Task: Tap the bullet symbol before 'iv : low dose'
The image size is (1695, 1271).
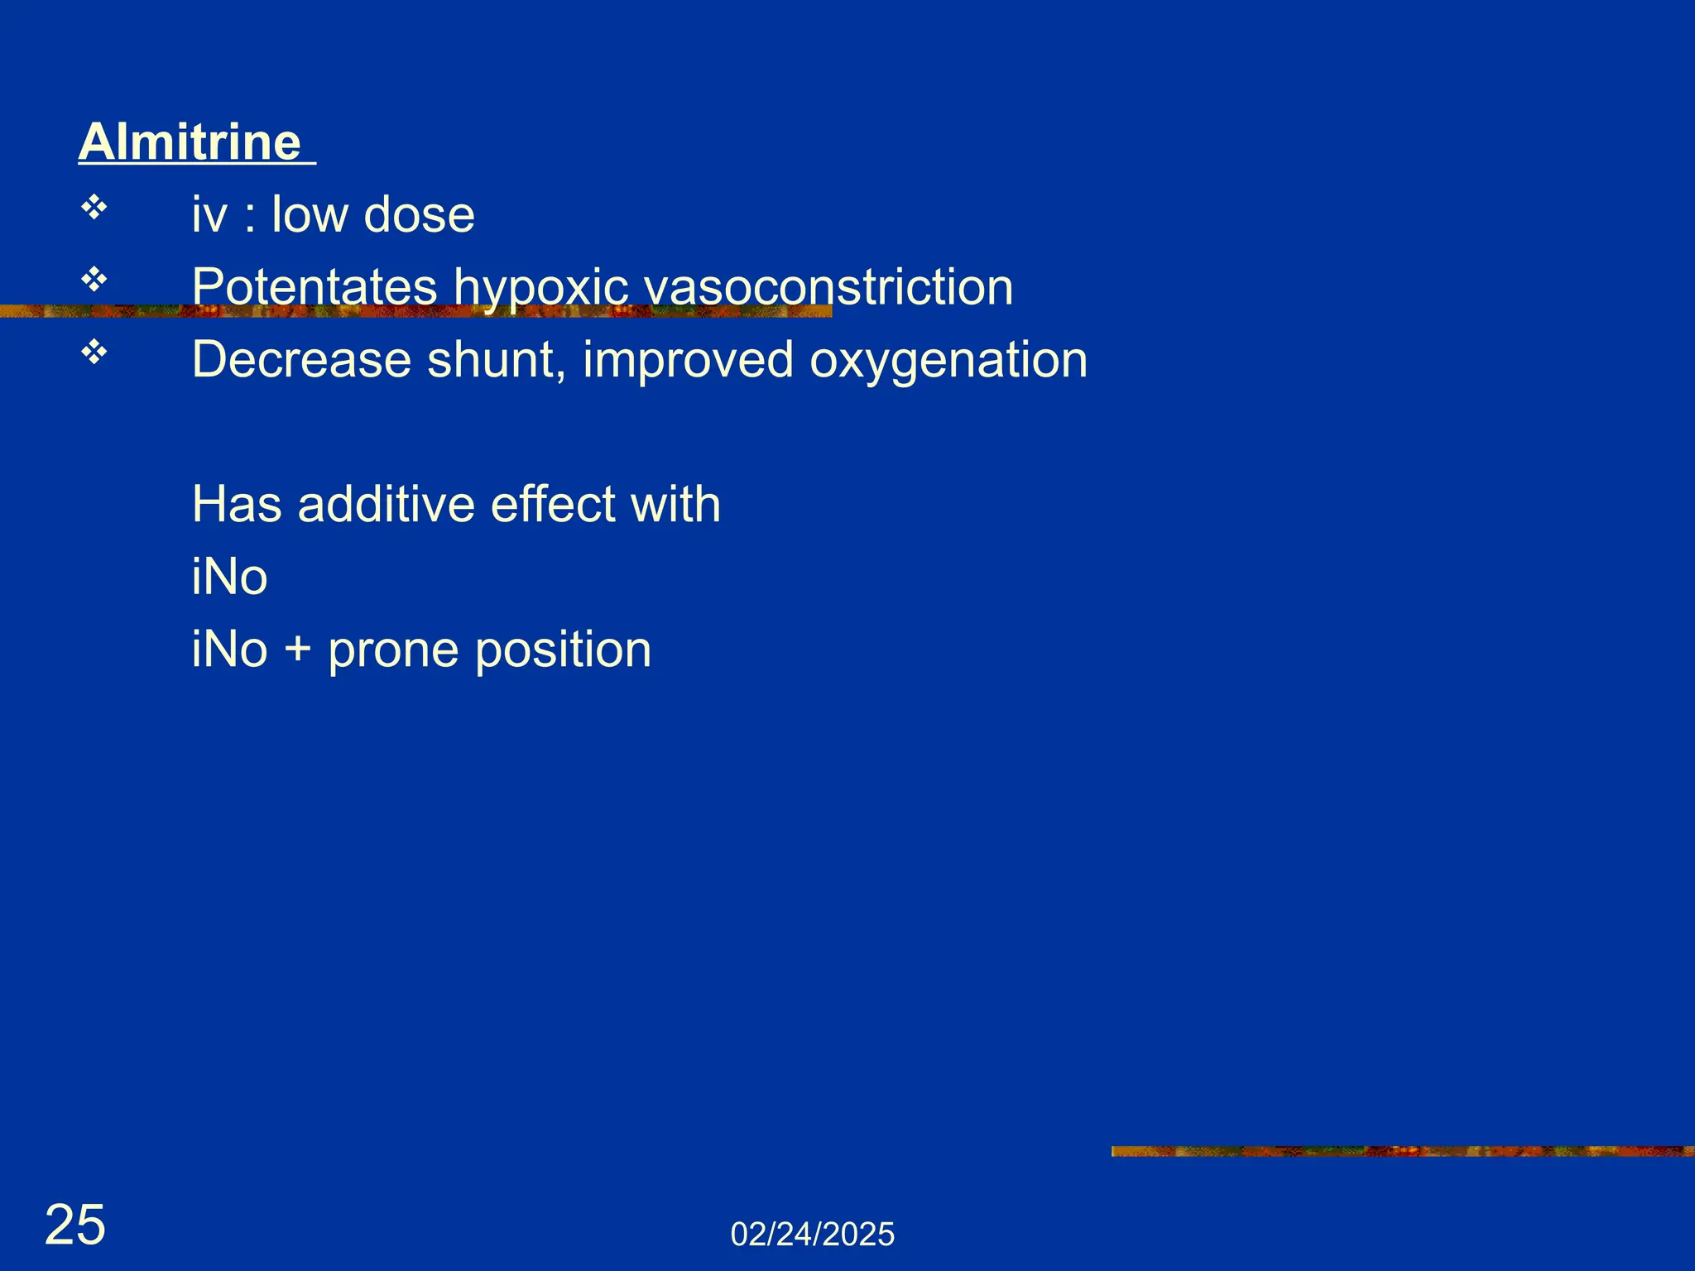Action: [x=94, y=208]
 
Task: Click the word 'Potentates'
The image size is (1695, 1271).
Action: [x=315, y=287]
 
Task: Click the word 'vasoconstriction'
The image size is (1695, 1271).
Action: [x=828, y=287]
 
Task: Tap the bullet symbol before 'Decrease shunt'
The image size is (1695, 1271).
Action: [x=94, y=353]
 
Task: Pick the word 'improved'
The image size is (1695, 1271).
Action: [x=687, y=360]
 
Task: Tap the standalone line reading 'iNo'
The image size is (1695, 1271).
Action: [x=229, y=577]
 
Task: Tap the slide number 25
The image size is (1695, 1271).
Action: [x=75, y=1225]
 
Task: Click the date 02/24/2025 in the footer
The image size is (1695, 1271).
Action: [x=812, y=1235]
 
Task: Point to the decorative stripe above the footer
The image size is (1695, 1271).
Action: [x=1402, y=1151]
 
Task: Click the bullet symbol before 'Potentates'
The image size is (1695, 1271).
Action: [x=94, y=281]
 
